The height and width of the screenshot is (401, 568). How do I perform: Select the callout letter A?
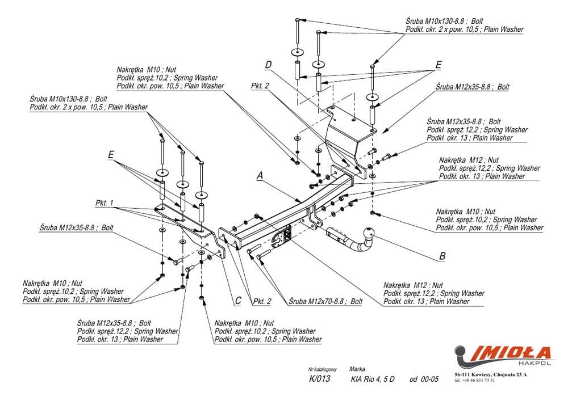click(x=260, y=176)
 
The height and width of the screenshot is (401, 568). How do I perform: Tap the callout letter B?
click(x=442, y=256)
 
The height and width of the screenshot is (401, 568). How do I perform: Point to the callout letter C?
click(x=239, y=300)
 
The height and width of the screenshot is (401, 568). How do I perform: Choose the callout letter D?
click(x=268, y=64)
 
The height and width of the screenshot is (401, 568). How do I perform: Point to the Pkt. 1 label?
click(x=105, y=202)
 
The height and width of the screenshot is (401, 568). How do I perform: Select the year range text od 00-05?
click(x=424, y=379)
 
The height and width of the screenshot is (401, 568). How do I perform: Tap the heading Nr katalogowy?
click(x=323, y=368)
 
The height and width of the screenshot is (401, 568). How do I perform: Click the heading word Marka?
click(x=357, y=368)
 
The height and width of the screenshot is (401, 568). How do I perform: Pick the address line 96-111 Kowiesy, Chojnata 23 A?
click(x=490, y=375)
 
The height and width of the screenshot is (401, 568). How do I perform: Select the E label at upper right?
click(x=437, y=65)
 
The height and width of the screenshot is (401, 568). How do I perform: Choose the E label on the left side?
click(x=110, y=154)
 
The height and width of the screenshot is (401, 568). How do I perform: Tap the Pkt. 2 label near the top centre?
click(x=260, y=86)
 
